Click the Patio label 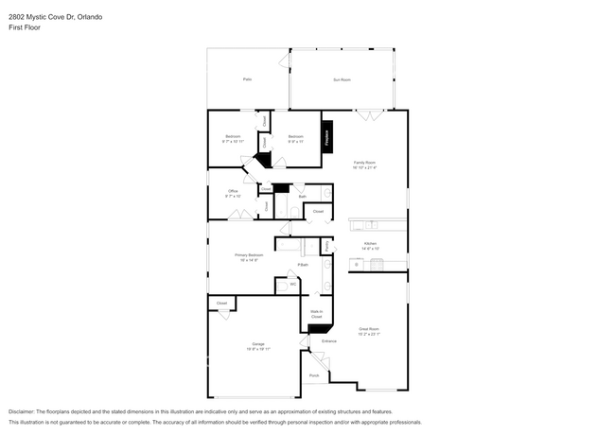pyautogui.click(x=247, y=80)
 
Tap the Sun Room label pyautogui.click(x=342, y=80)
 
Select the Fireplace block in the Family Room pyautogui.click(x=328, y=136)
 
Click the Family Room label pyautogui.click(x=365, y=163)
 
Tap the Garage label pyautogui.click(x=258, y=344)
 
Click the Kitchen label pyautogui.click(x=369, y=244)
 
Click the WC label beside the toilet pyautogui.click(x=293, y=283)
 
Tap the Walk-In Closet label pyautogui.click(x=316, y=313)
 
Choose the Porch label pyautogui.click(x=314, y=375)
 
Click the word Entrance pyautogui.click(x=329, y=340)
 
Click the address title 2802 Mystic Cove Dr pyautogui.click(x=57, y=17)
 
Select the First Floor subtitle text pyautogui.click(x=26, y=28)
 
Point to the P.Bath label pyautogui.click(x=304, y=265)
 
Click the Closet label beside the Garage pyautogui.click(x=221, y=303)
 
